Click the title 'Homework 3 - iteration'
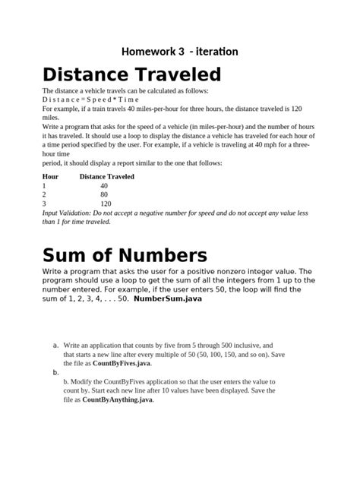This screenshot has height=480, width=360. (180, 52)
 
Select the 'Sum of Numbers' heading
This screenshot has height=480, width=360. (125, 254)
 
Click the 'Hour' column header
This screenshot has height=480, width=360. (50, 176)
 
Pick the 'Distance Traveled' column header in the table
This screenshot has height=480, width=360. (107, 176)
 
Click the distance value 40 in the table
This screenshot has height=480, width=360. (104, 185)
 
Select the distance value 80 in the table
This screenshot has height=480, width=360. (104, 194)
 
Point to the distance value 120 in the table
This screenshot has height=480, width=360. (106, 204)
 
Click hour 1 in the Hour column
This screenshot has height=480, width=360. (45, 185)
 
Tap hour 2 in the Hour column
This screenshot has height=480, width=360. (45, 194)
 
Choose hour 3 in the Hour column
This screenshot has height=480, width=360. (45, 204)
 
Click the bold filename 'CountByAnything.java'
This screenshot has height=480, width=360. (118, 399)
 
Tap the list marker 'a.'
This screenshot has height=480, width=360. (56, 345)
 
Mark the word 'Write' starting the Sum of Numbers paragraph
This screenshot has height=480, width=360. (55, 272)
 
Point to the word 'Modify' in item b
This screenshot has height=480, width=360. (84, 381)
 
